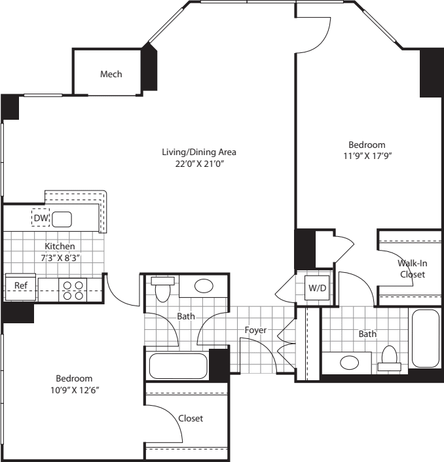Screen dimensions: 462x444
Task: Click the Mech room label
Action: click(x=111, y=74)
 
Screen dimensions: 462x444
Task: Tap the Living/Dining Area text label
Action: click(x=199, y=152)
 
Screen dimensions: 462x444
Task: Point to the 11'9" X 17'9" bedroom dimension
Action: click(x=367, y=156)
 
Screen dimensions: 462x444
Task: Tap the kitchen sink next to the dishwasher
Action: click(x=62, y=219)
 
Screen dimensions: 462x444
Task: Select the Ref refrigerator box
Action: click(x=20, y=286)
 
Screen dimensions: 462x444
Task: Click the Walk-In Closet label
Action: click(x=412, y=268)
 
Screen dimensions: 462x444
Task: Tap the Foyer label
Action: click(x=255, y=330)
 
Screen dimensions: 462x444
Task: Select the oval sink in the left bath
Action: click(x=204, y=286)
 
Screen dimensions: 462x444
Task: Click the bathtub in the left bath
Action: click(x=178, y=366)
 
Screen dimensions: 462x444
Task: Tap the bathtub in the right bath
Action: click(x=426, y=338)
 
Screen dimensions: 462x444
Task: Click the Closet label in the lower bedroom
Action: click(x=191, y=418)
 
